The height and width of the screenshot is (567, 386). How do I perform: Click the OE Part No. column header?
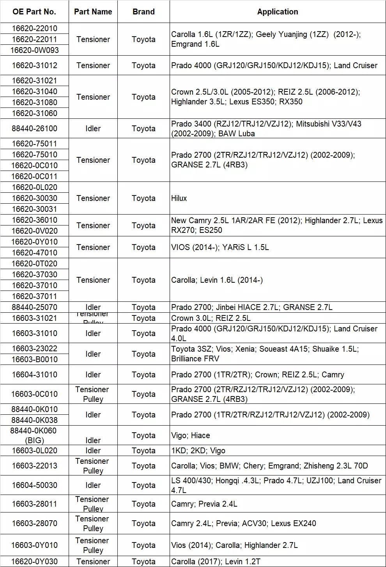pyautogui.click(x=34, y=12)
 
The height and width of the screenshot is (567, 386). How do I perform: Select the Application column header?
pyautogui.click(x=277, y=12)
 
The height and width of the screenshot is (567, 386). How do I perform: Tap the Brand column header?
pyautogui.click(x=143, y=12)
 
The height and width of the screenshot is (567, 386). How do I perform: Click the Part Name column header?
pyautogui.click(x=93, y=12)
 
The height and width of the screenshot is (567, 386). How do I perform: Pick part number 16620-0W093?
pyautogui.click(x=34, y=50)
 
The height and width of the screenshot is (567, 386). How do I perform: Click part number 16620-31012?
pyautogui.click(x=34, y=65)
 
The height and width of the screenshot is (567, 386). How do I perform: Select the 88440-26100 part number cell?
pyautogui.click(x=34, y=129)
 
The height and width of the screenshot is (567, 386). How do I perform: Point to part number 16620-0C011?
pyautogui.click(x=34, y=176)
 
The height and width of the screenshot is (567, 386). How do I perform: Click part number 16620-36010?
pyautogui.click(x=34, y=220)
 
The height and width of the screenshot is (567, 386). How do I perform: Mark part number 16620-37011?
pyautogui.click(x=34, y=296)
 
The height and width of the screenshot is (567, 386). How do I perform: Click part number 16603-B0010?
pyautogui.click(x=34, y=359)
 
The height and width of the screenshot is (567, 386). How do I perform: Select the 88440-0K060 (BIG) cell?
pyautogui.click(x=34, y=435)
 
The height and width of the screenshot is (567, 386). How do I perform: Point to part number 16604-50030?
pyautogui.click(x=34, y=485)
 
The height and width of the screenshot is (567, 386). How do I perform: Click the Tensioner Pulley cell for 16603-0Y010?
pyautogui.click(x=93, y=545)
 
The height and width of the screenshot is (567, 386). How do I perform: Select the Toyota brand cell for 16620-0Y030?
pyautogui.click(x=143, y=562)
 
